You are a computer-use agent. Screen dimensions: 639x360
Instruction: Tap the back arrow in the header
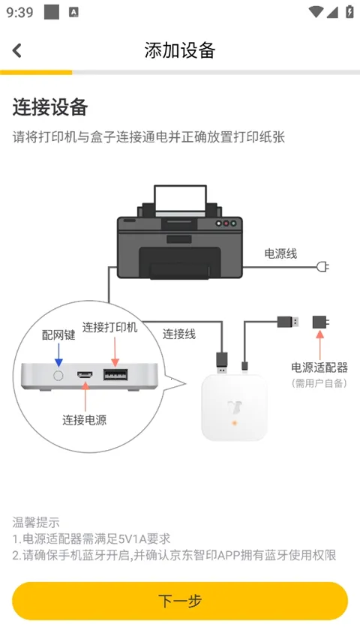point(17,50)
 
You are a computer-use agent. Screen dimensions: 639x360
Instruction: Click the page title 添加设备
point(180,50)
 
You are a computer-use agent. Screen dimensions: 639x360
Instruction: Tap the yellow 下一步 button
point(180,601)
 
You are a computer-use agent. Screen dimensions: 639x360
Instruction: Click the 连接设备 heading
point(50,107)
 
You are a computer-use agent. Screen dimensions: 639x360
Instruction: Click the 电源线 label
point(280,253)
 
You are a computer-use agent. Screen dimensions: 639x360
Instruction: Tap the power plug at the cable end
point(323,267)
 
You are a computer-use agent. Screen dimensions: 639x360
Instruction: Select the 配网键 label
point(58,335)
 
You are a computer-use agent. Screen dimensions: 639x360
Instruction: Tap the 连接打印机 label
point(110,327)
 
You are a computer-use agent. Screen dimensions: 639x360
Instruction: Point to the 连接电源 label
point(84,420)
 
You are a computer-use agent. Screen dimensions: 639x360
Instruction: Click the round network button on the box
point(58,374)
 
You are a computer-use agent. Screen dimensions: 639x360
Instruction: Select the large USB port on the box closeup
point(115,374)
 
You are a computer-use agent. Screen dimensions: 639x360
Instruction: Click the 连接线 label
point(179,334)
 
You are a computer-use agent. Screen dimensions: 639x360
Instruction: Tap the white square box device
point(235,406)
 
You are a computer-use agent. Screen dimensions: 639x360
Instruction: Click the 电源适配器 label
point(319,367)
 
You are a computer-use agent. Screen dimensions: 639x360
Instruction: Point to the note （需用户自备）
point(319,382)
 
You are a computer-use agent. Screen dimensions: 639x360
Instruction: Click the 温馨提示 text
point(36,522)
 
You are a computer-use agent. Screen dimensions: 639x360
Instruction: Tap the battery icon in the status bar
point(349,12)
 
